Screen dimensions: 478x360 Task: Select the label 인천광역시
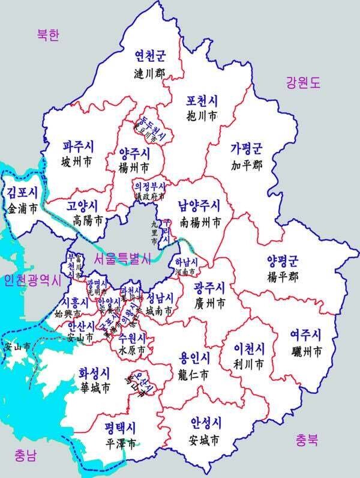pyautogui.click(x=32, y=280)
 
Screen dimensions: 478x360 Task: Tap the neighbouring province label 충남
pyautogui.click(x=24, y=455)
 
